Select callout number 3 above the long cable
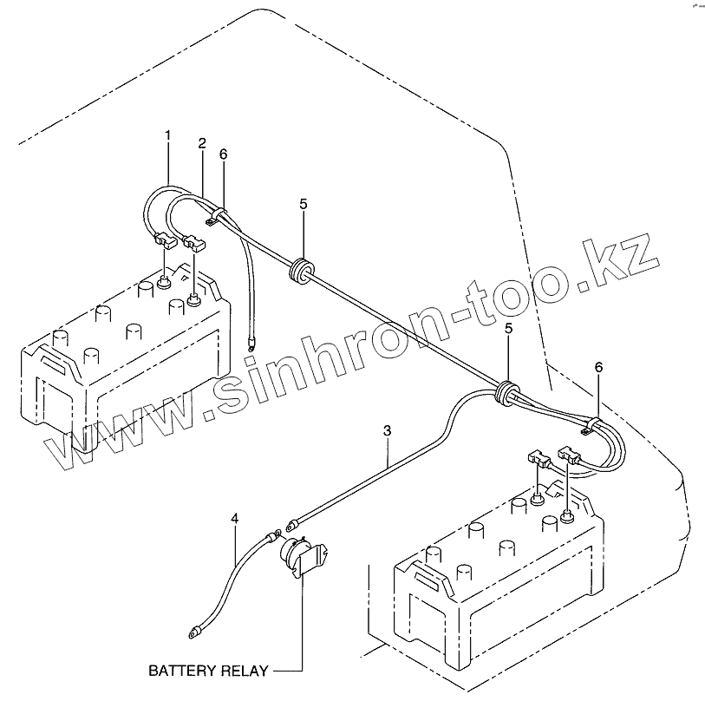click(387, 430)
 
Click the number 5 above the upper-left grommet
click(304, 204)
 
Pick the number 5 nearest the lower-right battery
click(509, 329)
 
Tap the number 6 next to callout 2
click(223, 154)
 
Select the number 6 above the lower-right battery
click(597, 368)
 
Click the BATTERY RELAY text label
click(207, 671)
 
